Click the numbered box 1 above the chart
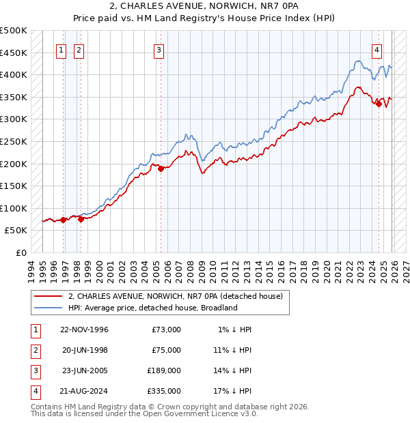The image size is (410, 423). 61,49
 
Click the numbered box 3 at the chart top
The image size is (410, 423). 159,49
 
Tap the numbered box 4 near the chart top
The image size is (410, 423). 377,49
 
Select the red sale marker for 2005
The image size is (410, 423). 161,169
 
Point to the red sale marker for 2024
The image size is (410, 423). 379,104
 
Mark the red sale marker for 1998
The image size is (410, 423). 81,219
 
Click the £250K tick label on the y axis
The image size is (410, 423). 14,141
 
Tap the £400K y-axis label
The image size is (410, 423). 14,74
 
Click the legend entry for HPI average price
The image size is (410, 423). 152,308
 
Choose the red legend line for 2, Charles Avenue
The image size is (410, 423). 48,296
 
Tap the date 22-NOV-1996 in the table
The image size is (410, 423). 84,330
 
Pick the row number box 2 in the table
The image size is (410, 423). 34,350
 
